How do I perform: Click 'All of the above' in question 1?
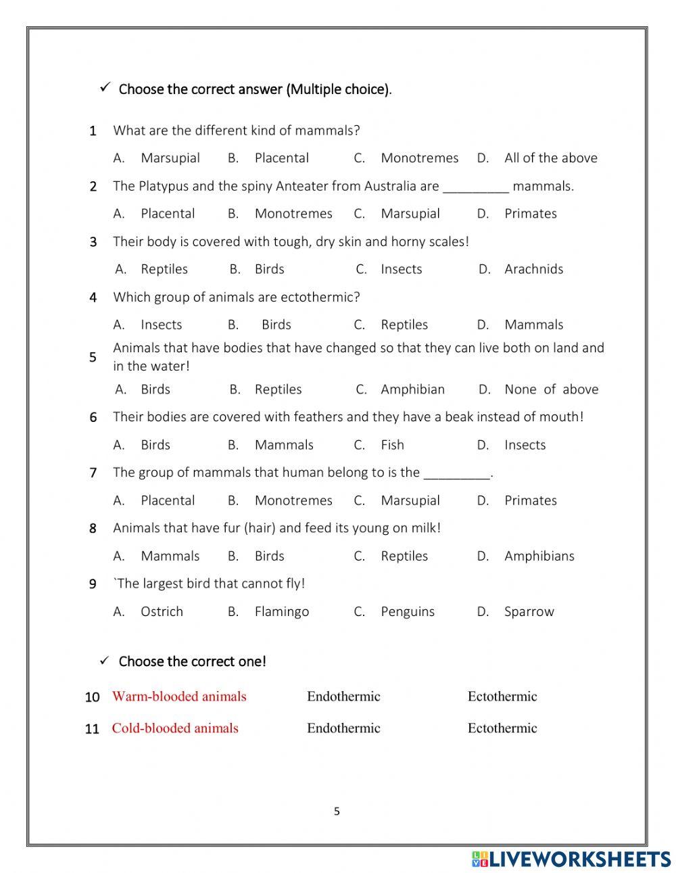[550, 158]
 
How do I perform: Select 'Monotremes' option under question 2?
[293, 214]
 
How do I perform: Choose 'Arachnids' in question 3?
[533, 269]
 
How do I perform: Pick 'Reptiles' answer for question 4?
[404, 325]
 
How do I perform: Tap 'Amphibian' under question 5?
[412, 390]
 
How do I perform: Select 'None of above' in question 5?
[551, 390]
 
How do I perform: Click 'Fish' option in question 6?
[392, 445]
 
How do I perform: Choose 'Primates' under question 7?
[530, 500]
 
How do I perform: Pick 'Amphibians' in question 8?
[539, 556]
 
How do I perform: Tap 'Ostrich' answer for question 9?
[162, 611]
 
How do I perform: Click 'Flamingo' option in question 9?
[281, 611]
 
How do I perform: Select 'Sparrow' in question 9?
[529, 611]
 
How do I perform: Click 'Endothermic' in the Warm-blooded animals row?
[343, 697]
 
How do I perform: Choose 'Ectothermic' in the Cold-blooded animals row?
[502, 728]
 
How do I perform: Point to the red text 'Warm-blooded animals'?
[179, 697]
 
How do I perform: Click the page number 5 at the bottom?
[337, 811]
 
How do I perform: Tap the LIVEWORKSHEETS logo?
[571, 859]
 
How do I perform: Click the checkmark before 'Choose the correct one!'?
[105, 661]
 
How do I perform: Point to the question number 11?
[92, 729]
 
